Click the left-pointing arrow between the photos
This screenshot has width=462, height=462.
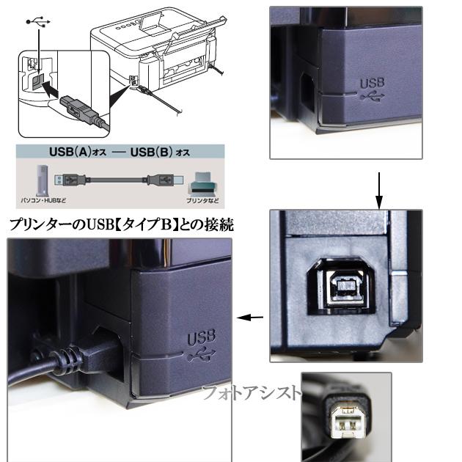(251, 318)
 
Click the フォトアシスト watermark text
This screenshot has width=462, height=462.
(249, 393)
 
